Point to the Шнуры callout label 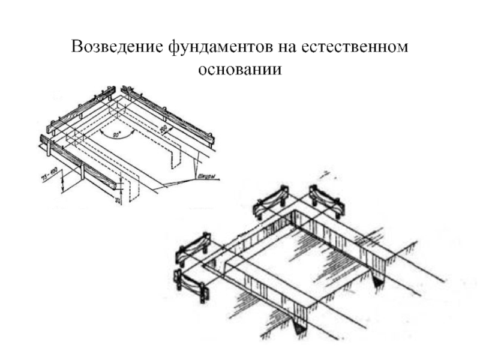click(206, 177)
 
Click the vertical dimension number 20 click(119, 199)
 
